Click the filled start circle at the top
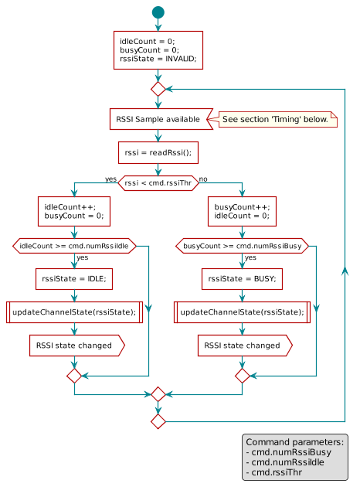158,12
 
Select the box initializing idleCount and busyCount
158,50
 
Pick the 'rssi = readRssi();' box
158,152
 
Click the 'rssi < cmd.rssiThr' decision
158,182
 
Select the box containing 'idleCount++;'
73,212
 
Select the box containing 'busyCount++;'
243,212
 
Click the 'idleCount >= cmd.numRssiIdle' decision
73,246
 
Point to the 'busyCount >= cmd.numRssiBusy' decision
243,246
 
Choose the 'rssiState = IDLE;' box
73,278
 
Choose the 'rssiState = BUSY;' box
243,278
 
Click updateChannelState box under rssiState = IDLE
73,312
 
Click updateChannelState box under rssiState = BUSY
243,312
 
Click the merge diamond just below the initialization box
158,89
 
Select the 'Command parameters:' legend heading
294,441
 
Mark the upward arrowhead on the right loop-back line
345,268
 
